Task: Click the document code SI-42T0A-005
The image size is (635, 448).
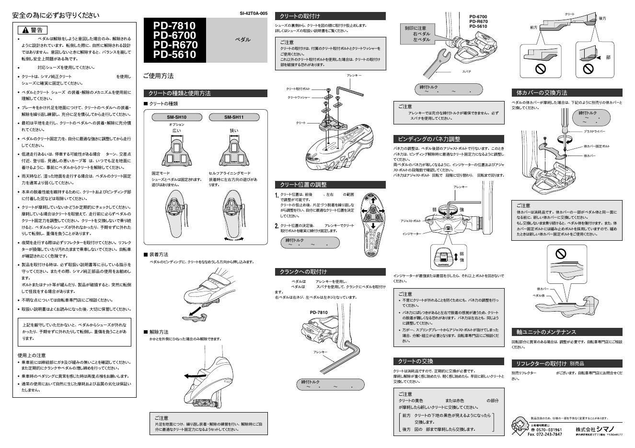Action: [254, 13]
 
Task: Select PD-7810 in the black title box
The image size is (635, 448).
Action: [174, 25]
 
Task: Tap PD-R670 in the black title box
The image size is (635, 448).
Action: [175, 45]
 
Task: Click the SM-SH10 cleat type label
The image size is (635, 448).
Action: [176, 117]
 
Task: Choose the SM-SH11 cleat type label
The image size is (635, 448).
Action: [234, 117]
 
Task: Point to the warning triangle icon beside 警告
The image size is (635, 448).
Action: [25, 30]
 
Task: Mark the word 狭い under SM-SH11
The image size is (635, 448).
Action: [234, 131]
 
